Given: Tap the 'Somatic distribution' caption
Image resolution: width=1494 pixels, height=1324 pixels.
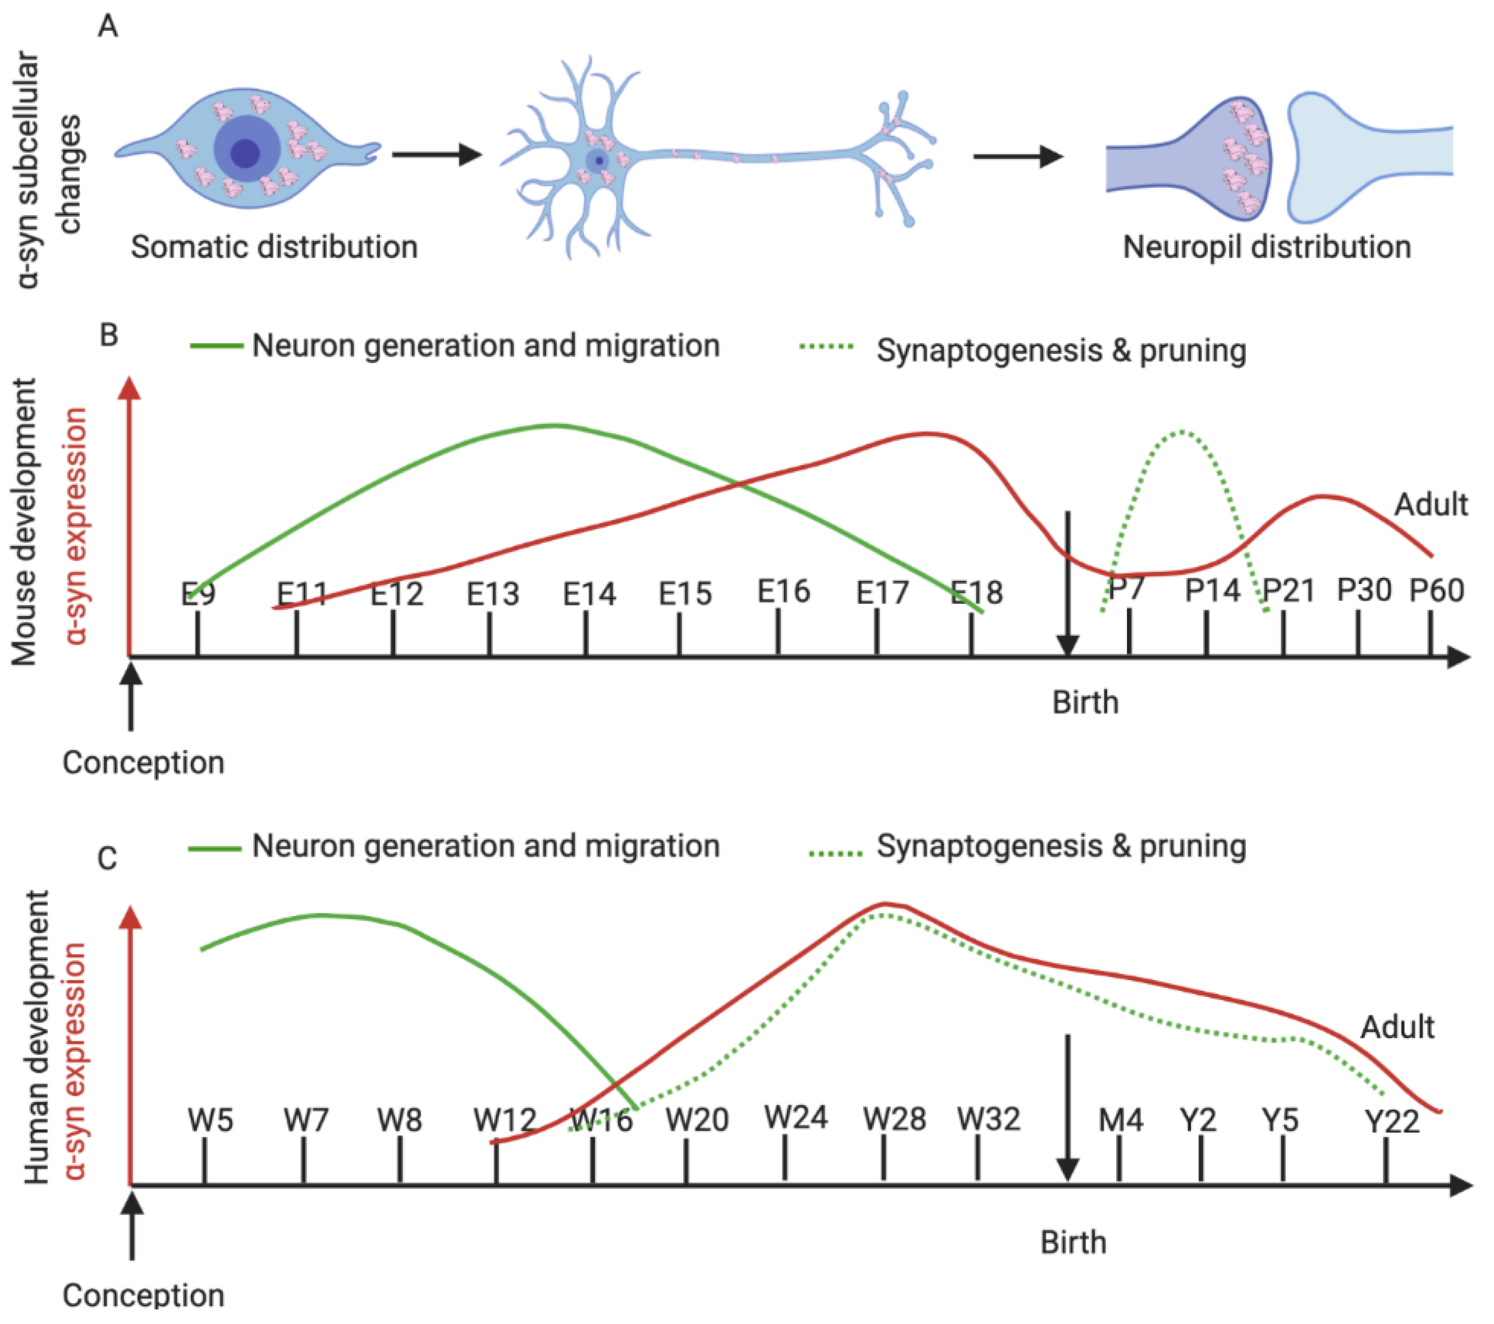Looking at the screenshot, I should coord(274,247).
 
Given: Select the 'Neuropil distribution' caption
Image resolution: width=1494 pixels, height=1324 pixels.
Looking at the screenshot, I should coord(1266,247).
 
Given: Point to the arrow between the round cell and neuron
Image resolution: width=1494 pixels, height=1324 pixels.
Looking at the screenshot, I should coord(437,154).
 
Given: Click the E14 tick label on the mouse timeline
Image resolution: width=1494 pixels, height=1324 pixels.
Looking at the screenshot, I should coord(589,594).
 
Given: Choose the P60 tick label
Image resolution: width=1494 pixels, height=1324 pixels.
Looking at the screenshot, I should coord(1436,590).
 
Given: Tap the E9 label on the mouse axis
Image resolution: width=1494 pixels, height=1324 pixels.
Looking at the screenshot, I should coord(198,594).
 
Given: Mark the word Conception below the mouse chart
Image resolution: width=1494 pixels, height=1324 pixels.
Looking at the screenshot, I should coord(143,763).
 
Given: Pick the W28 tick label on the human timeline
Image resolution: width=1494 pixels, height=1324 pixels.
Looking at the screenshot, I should coord(894,1119).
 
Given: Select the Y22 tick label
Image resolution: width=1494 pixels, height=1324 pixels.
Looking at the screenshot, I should coord(1392,1121).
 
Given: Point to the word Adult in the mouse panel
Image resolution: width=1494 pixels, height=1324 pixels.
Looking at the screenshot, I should coord(1431,505).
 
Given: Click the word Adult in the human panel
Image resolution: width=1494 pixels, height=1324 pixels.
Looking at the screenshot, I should coord(1397,1027).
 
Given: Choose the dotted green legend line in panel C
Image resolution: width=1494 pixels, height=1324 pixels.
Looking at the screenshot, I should coord(836,853).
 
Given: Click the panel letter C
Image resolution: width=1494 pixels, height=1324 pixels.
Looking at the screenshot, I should coord(107,858).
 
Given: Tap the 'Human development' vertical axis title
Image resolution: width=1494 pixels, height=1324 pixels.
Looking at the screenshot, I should coord(36,1037).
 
